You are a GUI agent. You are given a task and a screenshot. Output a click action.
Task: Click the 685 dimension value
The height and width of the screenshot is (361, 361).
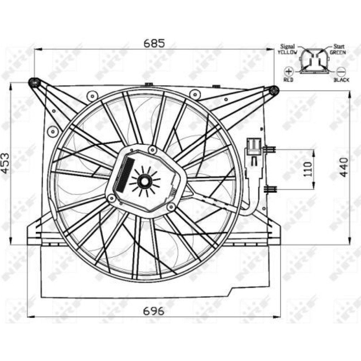click(x=154, y=43)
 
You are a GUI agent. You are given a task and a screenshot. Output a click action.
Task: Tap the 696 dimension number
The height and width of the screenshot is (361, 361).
click(x=154, y=311)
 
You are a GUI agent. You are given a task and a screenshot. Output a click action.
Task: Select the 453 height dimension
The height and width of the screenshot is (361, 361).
click(x=5, y=163)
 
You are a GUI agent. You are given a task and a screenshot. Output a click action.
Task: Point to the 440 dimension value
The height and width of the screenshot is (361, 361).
click(x=344, y=167)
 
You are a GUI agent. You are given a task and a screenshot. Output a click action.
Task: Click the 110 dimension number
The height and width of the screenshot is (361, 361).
click(x=308, y=169)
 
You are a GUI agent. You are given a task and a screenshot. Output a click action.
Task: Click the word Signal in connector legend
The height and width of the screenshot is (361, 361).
click(x=288, y=47)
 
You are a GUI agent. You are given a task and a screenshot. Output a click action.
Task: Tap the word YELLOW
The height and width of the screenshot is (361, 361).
click(x=287, y=52)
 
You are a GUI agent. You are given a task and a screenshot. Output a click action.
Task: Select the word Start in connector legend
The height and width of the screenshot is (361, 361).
click(x=339, y=47)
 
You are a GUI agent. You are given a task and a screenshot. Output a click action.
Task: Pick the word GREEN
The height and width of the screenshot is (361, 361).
click(x=338, y=52)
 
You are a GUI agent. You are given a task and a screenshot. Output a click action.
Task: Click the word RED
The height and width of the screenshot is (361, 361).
click(x=288, y=80)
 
